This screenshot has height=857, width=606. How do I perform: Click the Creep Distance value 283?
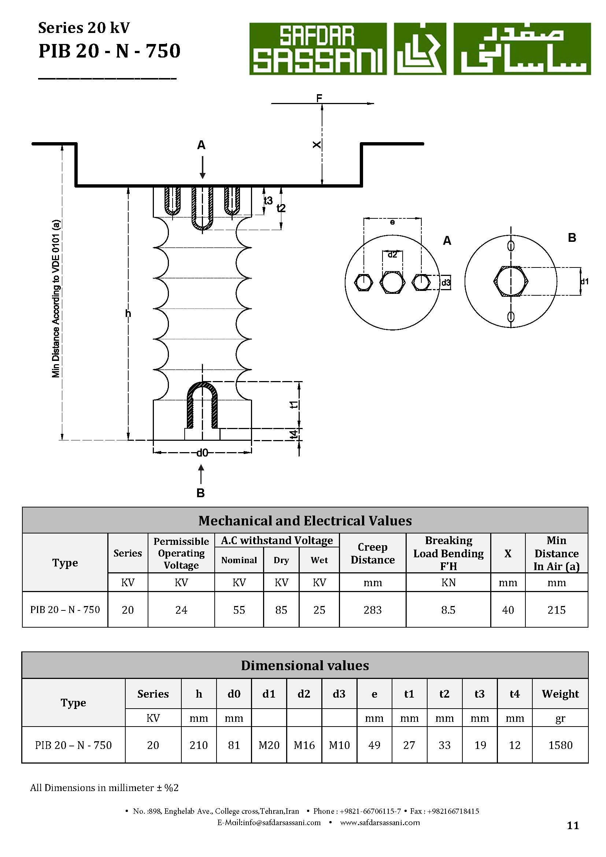pos(372,610)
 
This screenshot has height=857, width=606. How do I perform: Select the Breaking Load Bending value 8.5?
pos(448,610)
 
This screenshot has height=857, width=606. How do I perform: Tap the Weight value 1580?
pos(560,745)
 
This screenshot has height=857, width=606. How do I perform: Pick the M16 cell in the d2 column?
pos(304,745)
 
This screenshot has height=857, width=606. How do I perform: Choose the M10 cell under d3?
pos(339,745)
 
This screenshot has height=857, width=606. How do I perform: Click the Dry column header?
pos(281,560)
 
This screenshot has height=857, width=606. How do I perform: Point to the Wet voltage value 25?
pos(319,610)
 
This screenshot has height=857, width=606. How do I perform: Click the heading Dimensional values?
pos(305,665)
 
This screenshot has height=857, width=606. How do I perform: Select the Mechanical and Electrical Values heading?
pos(305,521)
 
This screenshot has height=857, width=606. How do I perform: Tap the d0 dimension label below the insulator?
pos(202,453)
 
